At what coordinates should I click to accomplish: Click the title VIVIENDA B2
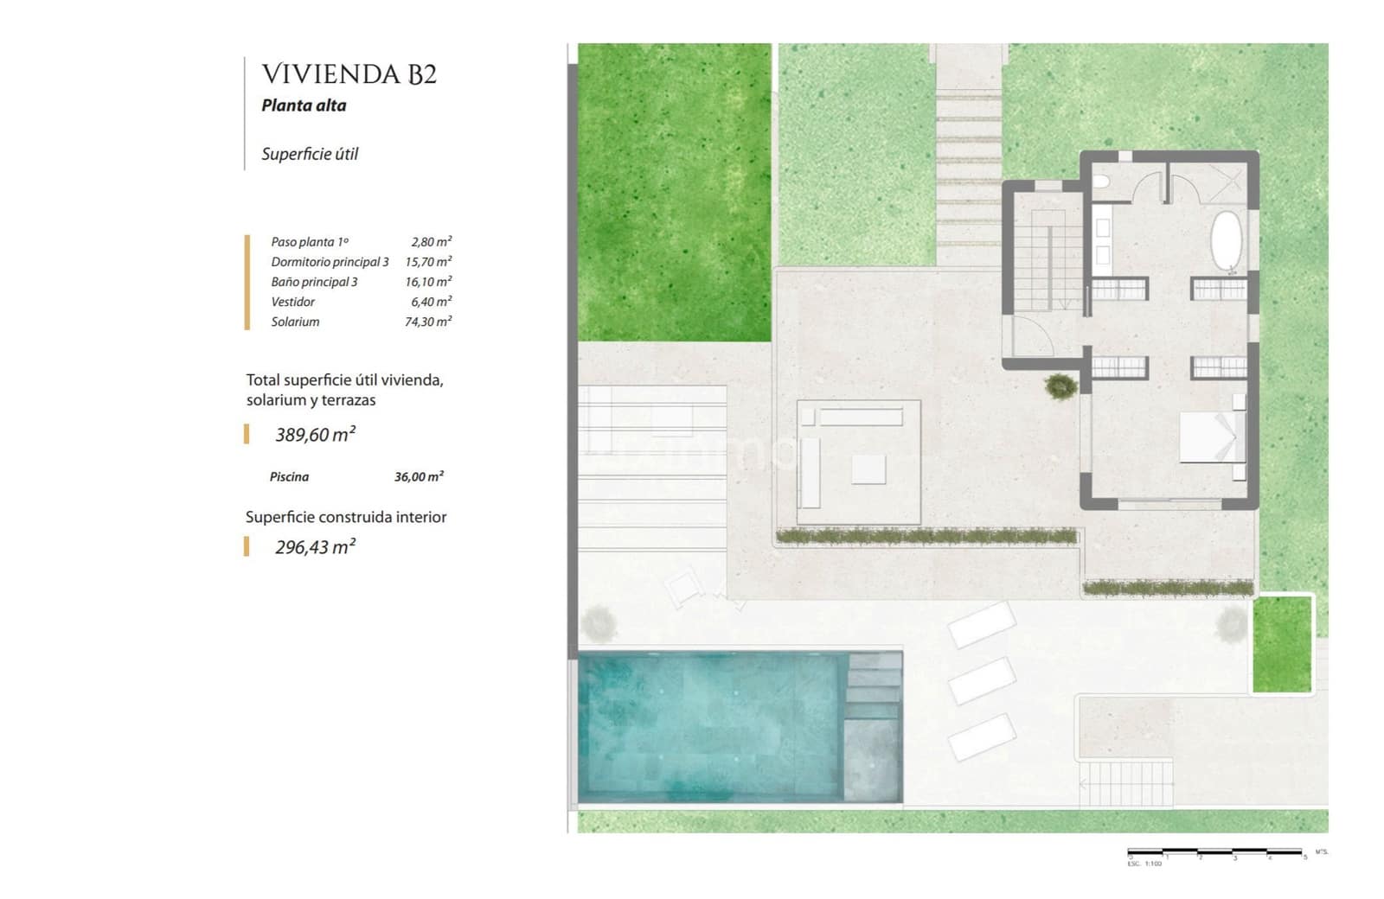(349, 74)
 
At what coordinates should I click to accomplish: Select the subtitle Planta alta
(304, 105)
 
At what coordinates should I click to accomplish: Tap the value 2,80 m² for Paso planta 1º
(431, 242)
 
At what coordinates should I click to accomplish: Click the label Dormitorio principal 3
(330, 262)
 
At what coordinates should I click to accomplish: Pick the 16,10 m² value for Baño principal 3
(428, 282)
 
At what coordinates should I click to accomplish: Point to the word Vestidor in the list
(292, 302)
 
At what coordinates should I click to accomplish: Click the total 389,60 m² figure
(315, 435)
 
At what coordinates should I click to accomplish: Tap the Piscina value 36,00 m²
(419, 476)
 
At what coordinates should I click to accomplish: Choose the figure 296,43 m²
(315, 547)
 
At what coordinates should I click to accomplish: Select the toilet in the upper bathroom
(1101, 182)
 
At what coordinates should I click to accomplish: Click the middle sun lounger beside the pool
(982, 680)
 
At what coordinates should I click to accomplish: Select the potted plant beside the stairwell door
(1060, 386)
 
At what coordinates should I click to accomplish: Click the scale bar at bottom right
(1215, 853)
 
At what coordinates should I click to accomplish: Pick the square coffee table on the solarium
(868, 469)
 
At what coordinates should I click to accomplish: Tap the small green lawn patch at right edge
(1282, 644)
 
